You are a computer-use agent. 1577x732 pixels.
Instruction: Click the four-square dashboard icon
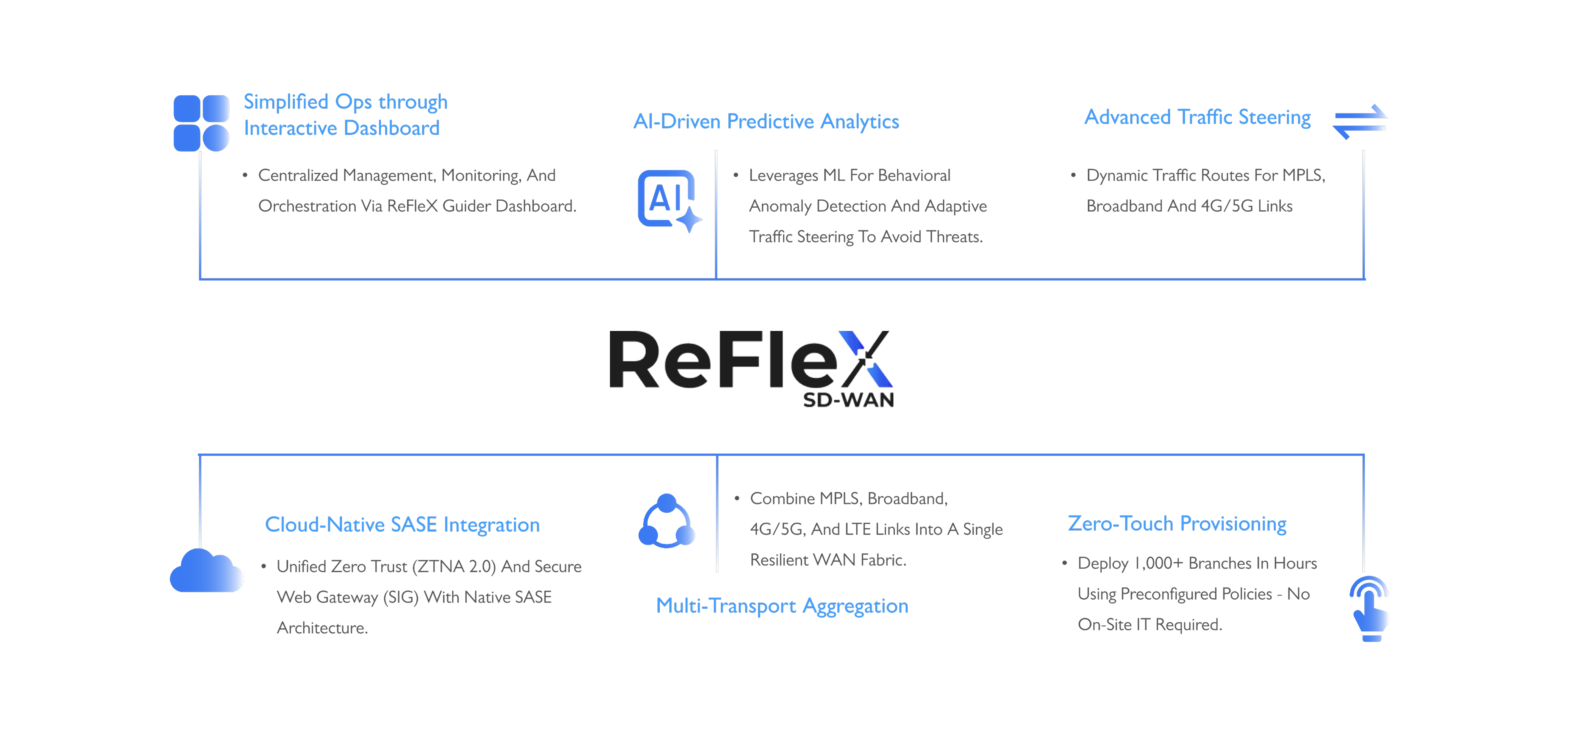coord(201,123)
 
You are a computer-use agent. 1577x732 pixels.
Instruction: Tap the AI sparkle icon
coord(669,201)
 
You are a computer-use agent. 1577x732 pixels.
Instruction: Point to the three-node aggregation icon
coord(667,522)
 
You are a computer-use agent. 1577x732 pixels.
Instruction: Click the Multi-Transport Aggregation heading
coord(782,606)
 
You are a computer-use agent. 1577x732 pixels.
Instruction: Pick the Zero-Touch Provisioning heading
coord(1177,524)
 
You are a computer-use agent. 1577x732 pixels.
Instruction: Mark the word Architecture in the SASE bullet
coord(322,628)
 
